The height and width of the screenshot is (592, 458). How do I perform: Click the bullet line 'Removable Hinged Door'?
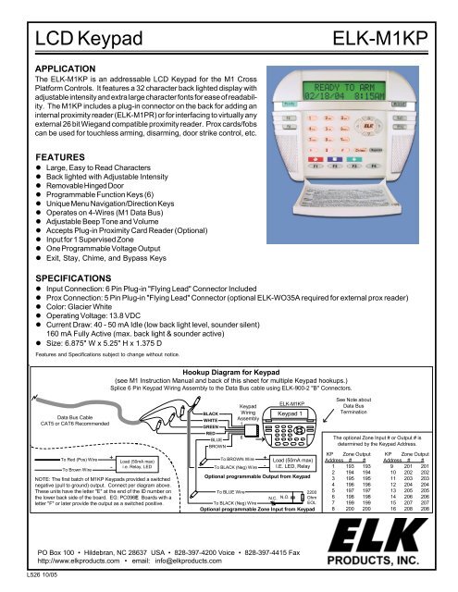pyautogui.click(x=104, y=198)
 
